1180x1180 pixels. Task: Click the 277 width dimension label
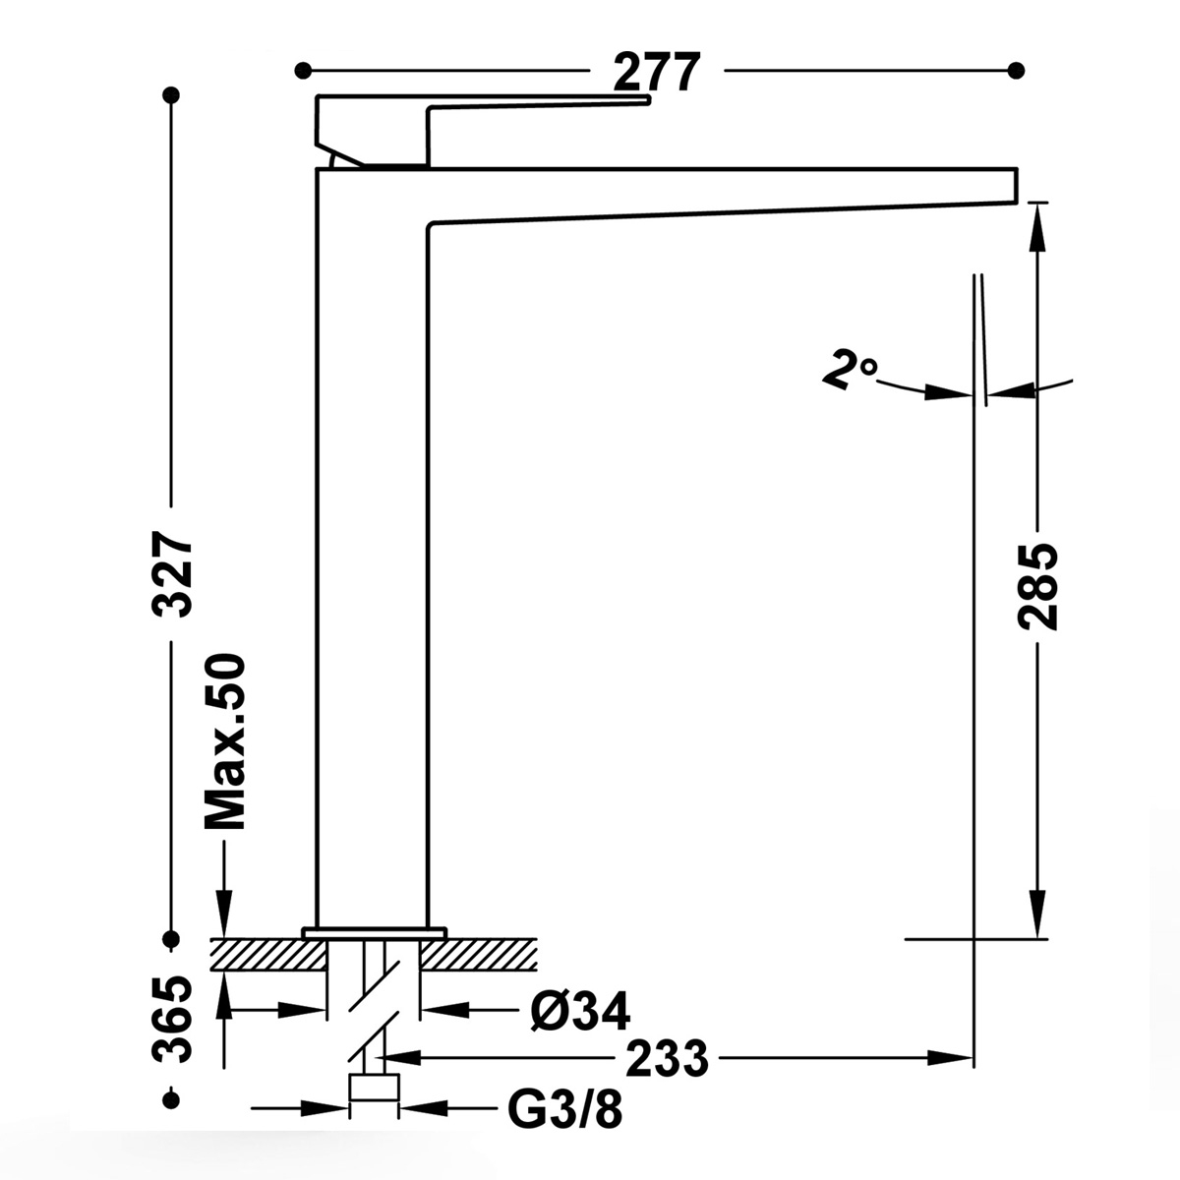[657, 72]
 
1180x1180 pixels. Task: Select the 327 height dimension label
[174, 574]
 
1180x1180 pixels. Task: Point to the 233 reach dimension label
[667, 1059]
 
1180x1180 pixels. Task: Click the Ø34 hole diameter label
[579, 1010]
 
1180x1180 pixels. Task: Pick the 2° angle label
[849, 372]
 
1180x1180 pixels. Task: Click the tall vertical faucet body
[371, 551]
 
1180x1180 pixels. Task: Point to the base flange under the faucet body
[374, 930]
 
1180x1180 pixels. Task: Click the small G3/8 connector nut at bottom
[375, 1090]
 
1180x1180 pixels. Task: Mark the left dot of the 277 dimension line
[303, 71]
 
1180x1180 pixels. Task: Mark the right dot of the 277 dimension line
[1017, 71]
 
